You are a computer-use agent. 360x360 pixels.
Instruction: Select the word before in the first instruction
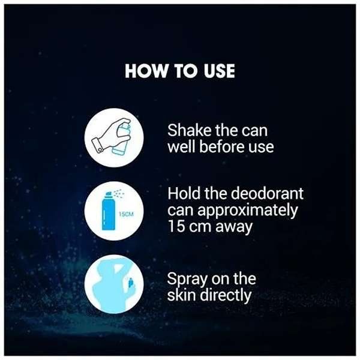coord(222,146)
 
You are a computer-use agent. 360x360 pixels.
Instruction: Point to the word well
coord(182,146)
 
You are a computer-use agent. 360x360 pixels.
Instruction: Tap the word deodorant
coord(267,193)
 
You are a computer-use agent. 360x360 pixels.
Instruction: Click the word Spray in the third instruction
coord(188,280)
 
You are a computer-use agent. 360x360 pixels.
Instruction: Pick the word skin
coord(182,295)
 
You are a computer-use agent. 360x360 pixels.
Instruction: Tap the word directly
coord(226,296)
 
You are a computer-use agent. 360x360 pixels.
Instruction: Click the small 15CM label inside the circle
coord(126,214)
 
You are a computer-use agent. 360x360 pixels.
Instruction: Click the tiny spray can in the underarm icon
coord(130,283)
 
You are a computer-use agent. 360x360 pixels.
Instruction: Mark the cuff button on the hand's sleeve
coord(100,149)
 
